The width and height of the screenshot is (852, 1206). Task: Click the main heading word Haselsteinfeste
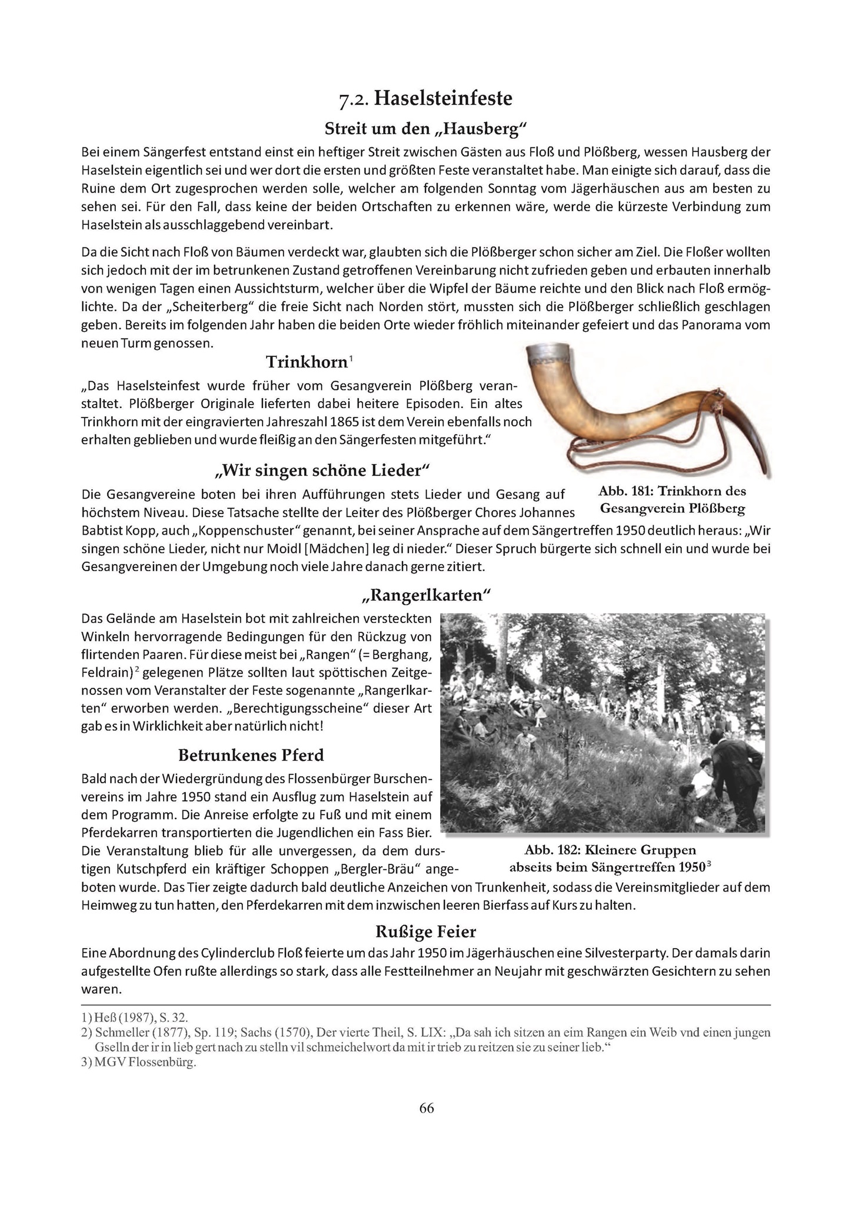(443, 98)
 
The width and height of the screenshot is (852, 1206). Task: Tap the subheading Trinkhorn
(306, 361)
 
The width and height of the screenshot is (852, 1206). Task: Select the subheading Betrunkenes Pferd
(251, 755)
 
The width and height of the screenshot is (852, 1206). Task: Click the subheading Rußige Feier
(425, 932)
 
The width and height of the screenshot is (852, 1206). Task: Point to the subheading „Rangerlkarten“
(425, 595)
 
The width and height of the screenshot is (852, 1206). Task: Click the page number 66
(426, 1108)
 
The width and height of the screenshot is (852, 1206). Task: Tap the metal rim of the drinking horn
(549, 355)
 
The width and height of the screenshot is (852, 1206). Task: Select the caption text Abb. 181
(625, 491)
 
